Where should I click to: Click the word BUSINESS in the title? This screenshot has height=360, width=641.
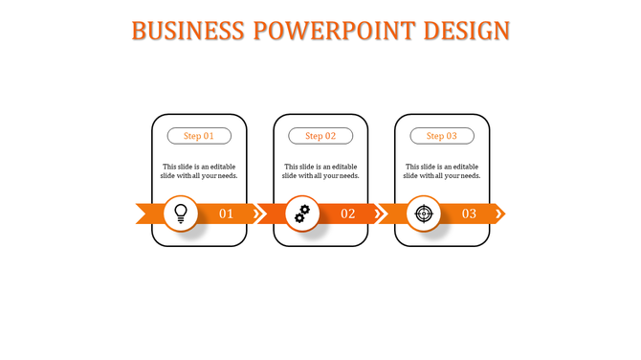tap(188, 31)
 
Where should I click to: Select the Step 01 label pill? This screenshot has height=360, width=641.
tap(199, 136)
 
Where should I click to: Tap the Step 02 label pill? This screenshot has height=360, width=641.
tap(320, 136)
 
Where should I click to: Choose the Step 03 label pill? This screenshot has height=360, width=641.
tap(442, 136)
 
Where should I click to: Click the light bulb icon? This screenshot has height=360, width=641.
tap(181, 214)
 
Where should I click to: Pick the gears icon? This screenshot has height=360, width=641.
tap(302, 214)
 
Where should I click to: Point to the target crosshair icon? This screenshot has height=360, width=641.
tap(424, 214)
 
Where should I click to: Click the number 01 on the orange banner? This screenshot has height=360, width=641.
tap(227, 214)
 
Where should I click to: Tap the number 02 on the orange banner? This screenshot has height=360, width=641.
tap(348, 214)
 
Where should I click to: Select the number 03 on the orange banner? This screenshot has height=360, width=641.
tap(470, 214)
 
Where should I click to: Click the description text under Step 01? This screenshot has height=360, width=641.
tap(199, 170)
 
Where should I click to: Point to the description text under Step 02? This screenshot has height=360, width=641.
tap(320, 170)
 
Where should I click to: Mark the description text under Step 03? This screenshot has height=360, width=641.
tap(442, 170)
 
